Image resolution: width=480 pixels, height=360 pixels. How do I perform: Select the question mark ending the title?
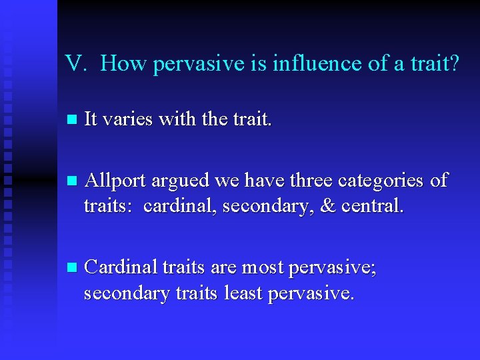click(x=453, y=64)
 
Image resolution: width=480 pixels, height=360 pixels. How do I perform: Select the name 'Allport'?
click(x=116, y=180)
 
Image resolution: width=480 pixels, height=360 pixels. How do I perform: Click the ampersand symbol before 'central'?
click(x=328, y=207)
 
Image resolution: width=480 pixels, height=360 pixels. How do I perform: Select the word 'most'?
click(x=263, y=268)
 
